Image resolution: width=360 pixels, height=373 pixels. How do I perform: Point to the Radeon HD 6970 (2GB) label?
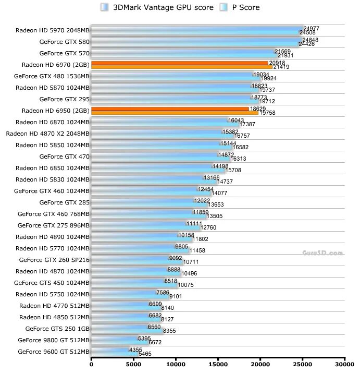coord(56,65)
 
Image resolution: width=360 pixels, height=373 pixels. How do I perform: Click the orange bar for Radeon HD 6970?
coord(180,65)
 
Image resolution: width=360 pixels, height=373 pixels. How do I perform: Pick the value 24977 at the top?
coord(311,28)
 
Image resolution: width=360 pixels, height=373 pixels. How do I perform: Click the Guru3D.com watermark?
coord(322,253)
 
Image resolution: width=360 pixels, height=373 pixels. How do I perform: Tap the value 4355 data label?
coord(136,350)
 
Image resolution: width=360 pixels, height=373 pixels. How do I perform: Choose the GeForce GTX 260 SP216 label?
coord(54,260)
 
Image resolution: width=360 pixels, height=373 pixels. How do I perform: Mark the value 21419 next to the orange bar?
coord(281,67)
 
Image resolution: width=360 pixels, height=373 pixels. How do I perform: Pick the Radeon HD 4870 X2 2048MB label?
coord(48,134)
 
